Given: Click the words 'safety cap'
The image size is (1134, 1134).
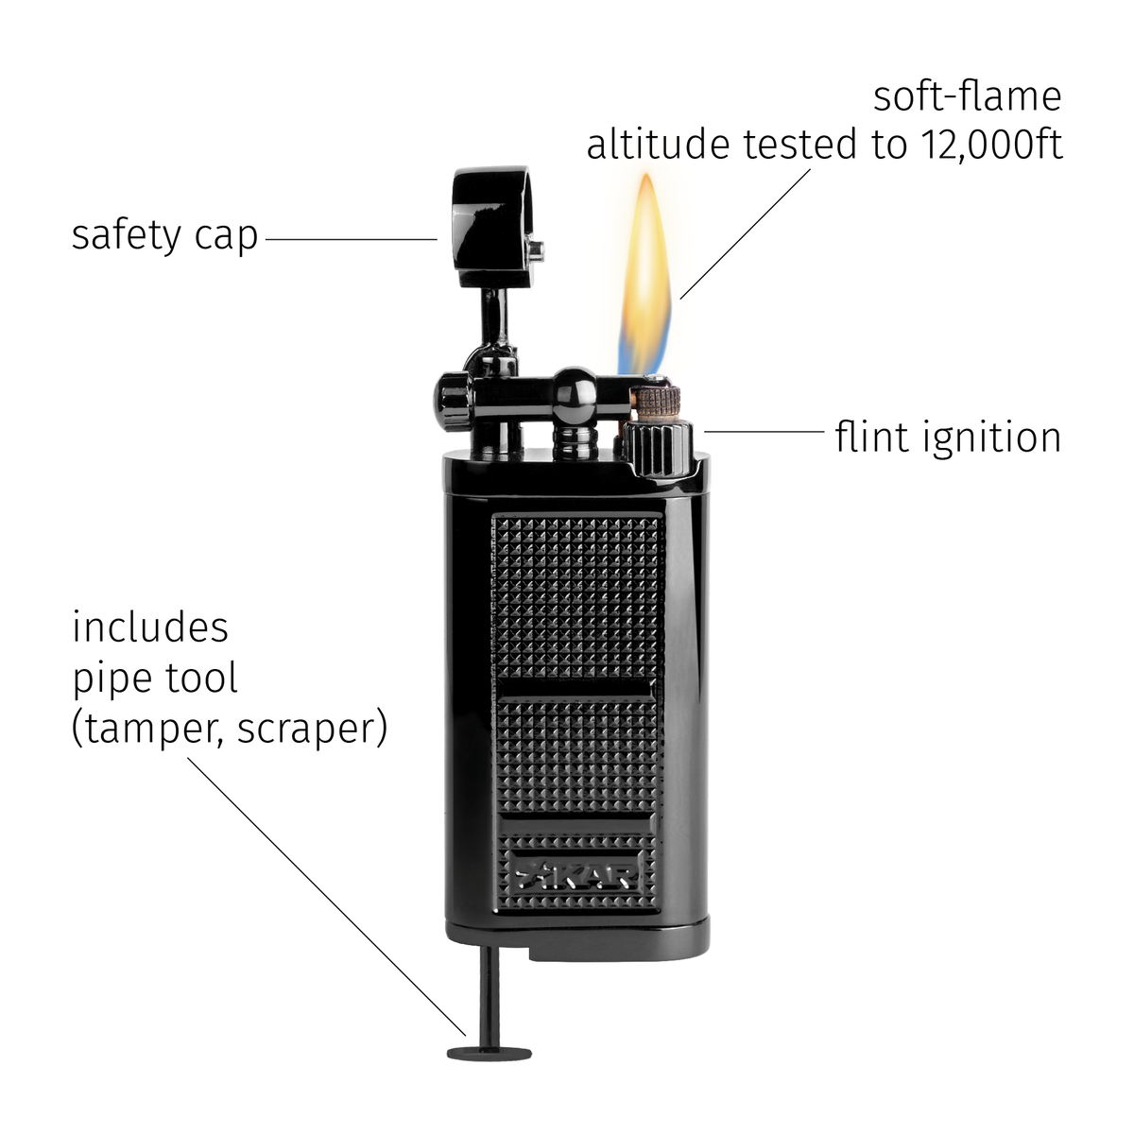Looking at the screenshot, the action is click(164, 236).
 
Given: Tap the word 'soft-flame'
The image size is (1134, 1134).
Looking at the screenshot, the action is click(967, 96).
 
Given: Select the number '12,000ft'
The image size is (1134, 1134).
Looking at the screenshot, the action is click(992, 146).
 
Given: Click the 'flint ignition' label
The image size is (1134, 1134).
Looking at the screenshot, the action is click(948, 437).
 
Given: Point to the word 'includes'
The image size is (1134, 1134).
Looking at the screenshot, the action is click(150, 627).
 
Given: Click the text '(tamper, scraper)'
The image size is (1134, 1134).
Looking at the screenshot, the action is click(230, 729).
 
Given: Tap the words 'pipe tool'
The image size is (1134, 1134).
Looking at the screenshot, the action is click(155, 679).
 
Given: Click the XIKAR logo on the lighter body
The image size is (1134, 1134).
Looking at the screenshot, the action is click(576, 876).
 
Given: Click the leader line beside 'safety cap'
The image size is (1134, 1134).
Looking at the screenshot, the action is click(352, 239).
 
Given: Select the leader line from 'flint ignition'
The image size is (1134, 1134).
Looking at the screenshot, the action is click(764, 431).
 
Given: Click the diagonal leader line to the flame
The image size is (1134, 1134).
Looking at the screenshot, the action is click(745, 234).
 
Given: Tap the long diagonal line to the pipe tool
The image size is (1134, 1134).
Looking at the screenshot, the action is click(327, 896).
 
